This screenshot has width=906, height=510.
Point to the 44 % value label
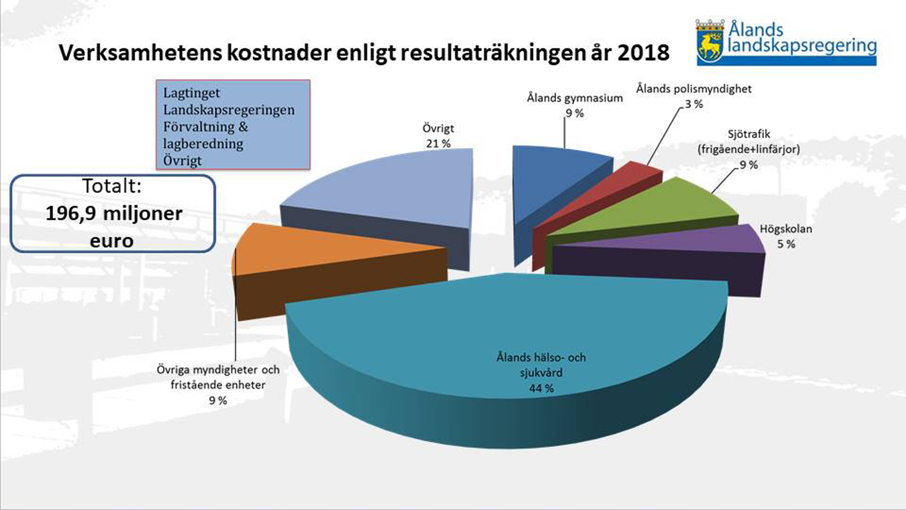coord(541,388)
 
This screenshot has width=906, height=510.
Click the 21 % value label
coord(438,144)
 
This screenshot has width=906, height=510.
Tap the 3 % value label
coord(694,104)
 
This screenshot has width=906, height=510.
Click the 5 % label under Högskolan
coord(786,244)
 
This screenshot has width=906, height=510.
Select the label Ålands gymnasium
coord(575,98)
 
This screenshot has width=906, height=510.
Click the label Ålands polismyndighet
coord(694,89)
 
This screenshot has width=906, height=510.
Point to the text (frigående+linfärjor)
coord(749,149)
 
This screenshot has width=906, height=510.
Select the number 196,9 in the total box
coord(71,213)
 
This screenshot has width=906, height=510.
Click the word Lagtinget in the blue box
coord(191,93)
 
